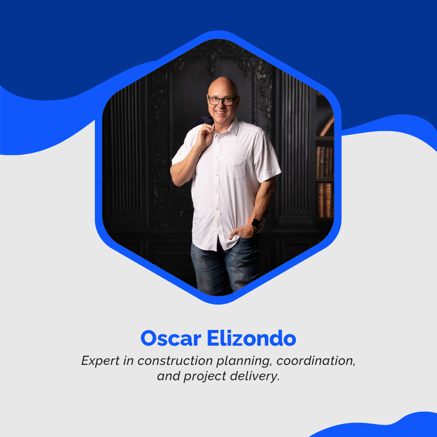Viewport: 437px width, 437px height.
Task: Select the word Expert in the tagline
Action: pyautogui.click(x=97, y=361)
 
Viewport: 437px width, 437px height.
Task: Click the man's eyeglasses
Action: pyautogui.click(x=222, y=101)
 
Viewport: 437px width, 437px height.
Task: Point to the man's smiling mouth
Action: pyautogui.click(x=220, y=112)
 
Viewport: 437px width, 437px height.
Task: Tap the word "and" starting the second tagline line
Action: pyautogui.click(x=166, y=376)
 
